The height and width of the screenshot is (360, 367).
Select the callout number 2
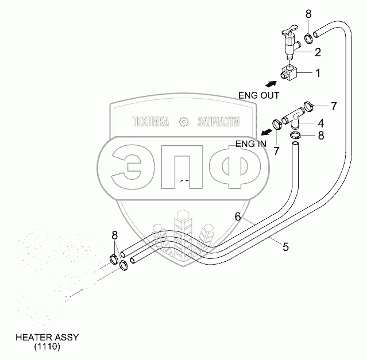(317, 52)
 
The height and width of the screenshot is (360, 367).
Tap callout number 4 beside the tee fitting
(320, 122)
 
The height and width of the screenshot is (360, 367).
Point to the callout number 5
(285, 246)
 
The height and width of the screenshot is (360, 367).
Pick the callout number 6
(237, 216)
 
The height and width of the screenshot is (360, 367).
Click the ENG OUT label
(258, 95)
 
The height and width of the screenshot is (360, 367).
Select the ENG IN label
(250, 144)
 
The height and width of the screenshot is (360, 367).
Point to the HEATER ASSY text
(47, 337)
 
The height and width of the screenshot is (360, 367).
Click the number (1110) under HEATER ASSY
(47, 347)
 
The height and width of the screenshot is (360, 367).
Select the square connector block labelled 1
(290, 72)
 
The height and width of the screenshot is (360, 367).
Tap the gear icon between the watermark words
(183, 122)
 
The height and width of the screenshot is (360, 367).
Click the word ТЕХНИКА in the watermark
(150, 122)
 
